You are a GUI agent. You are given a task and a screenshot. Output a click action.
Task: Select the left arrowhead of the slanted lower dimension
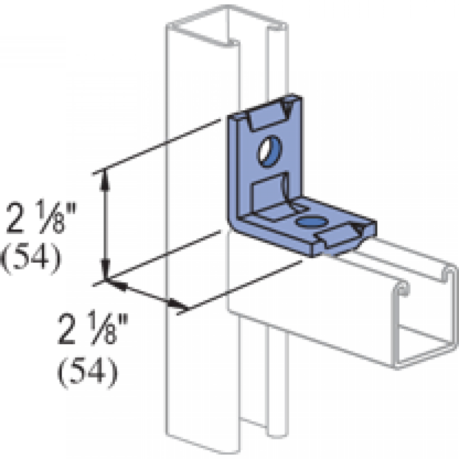[117, 285]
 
